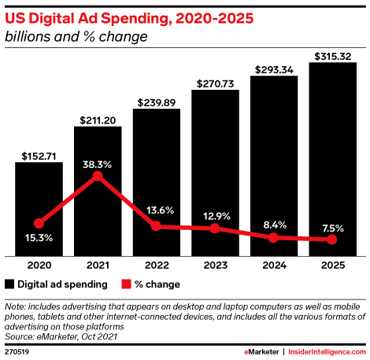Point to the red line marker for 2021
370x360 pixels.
[x=98, y=176]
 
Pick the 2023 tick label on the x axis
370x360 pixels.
[x=215, y=266]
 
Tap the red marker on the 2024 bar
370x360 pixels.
[x=273, y=237]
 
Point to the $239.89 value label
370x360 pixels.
[x=156, y=102]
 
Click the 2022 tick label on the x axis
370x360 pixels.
[x=156, y=266]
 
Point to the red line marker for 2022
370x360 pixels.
[x=156, y=226]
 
